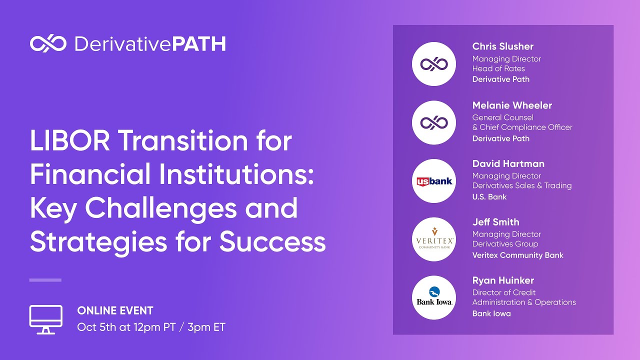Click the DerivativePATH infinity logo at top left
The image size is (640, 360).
click(x=48, y=44)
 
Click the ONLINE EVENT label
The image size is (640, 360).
click(x=115, y=311)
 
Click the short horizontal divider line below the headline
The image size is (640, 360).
click(x=45, y=280)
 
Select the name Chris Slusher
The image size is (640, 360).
click(x=502, y=46)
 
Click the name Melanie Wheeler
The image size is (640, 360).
click(x=512, y=105)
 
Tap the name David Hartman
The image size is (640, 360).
click(x=508, y=164)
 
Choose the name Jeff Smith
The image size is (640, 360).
click(x=495, y=222)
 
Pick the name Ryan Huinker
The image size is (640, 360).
click(x=503, y=280)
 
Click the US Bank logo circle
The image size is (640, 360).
click(x=433, y=181)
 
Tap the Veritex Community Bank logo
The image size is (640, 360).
click(x=433, y=239)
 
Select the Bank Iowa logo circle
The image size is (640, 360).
click(x=433, y=298)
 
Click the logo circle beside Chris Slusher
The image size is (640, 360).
click(x=433, y=64)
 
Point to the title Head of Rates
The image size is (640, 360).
click(x=498, y=68)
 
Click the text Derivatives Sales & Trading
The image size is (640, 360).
click(x=521, y=185)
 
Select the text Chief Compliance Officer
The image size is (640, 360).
click(x=526, y=127)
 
